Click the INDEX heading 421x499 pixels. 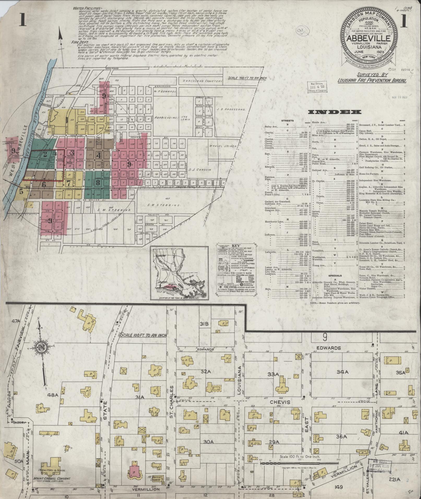coord(335,112)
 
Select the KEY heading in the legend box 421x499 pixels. coord(235,245)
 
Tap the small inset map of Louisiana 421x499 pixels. coord(179,273)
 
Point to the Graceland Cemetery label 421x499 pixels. coord(202,81)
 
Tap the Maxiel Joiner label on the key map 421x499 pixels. coord(223,146)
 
